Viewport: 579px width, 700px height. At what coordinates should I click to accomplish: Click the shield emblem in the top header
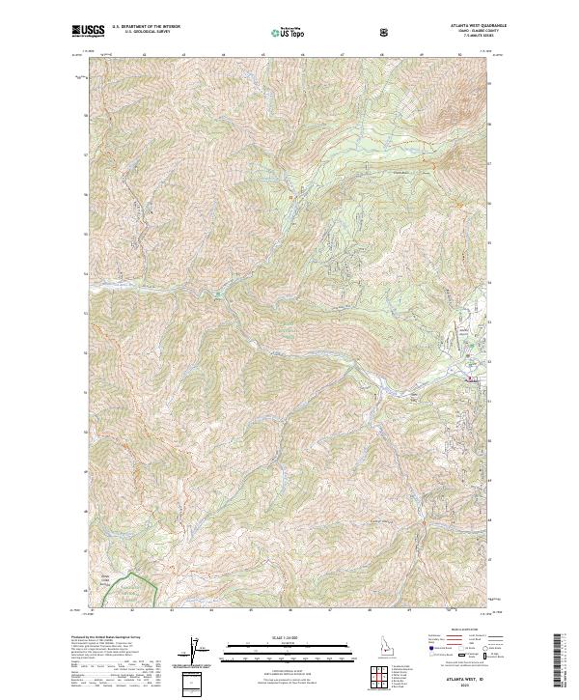coord(386,31)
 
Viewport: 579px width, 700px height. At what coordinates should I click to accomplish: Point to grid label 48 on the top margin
coord(382,56)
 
